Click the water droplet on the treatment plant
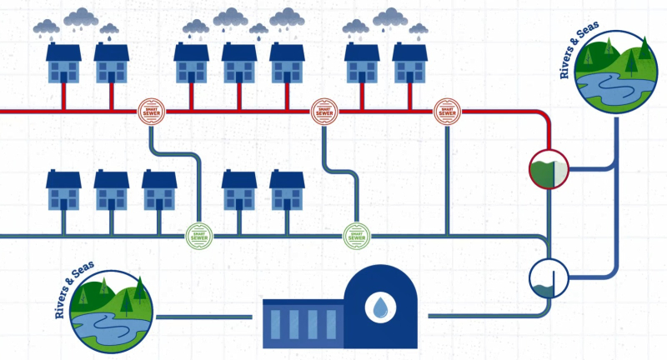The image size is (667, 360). point(380,309)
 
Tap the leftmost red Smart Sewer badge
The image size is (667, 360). point(151,110)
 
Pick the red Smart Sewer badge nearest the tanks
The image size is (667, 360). point(447,110)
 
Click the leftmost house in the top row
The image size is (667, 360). point(63,62)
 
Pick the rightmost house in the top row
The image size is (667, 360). point(409,62)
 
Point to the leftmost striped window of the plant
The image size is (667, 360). point(278,322)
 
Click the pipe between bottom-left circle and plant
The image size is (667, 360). point(204,316)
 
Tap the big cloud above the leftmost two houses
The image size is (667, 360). point(81,17)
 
